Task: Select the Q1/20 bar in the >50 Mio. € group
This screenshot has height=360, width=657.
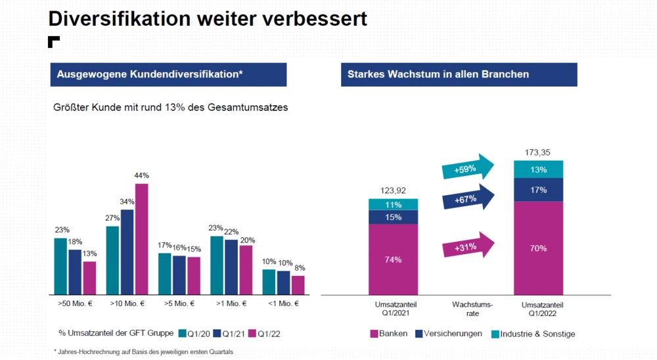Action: point(60,265)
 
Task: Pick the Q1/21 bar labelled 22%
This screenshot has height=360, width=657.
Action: point(231,267)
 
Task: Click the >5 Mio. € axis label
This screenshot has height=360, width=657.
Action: point(178,304)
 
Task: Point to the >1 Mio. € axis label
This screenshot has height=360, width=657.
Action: point(231,304)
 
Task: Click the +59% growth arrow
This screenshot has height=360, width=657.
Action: point(468,169)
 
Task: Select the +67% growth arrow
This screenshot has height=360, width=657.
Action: point(468,198)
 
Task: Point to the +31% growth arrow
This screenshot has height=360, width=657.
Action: point(468,246)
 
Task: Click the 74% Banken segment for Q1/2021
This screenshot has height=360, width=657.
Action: point(393,259)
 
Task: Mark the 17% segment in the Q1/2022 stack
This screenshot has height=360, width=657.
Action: point(538,190)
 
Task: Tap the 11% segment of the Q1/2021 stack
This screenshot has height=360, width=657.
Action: point(393,204)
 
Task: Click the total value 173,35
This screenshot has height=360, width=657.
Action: point(538,152)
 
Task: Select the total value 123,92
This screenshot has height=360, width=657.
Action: point(393,191)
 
